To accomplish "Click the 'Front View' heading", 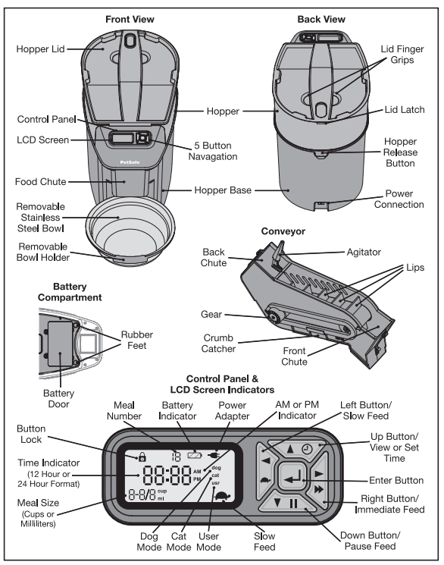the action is tap(130, 20).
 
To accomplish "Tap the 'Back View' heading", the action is tap(321, 20).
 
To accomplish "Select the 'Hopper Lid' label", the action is tap(40, 49).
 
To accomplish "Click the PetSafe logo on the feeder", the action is tap(130, 162).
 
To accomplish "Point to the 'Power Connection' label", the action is tap(399, 199).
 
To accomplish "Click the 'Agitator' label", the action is tap(364, 253).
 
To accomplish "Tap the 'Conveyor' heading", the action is tap(283, 231).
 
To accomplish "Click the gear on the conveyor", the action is tap(273, 318).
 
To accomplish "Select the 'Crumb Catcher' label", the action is tap(218, 344).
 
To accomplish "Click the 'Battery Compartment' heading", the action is tap(70, 292).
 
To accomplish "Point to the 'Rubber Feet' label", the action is tap(137, 341).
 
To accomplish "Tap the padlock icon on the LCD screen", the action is tap(142, 457).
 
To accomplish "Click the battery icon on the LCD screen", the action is tap(195, 455).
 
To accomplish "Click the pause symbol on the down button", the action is tap(293, 504).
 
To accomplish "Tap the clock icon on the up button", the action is tap(307, 449).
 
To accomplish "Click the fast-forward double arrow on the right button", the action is tap(319, 489).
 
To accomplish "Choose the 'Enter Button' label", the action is tap(396, 480).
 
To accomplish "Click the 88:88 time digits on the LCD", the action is tap(167, 476).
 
